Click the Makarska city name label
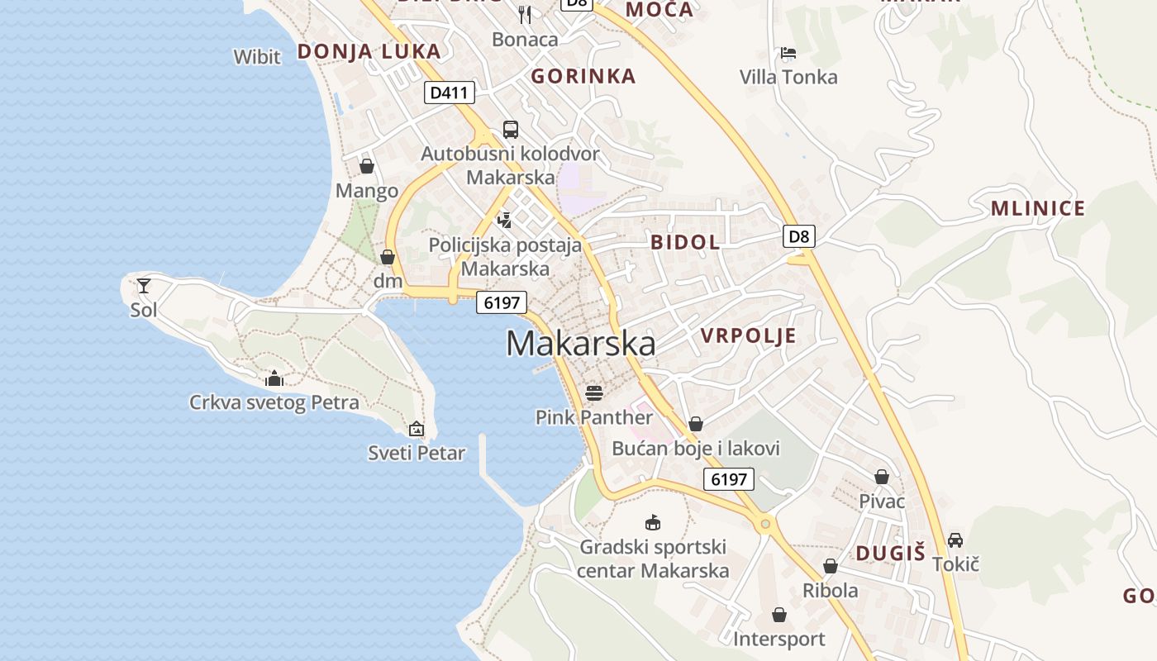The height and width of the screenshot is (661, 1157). click(581, 344)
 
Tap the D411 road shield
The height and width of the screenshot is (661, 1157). click(450, 93)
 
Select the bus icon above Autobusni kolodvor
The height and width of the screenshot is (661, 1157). click(511, 130)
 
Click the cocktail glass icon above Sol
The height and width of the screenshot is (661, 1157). click(144, 286)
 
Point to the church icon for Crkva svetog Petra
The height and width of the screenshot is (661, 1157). click(274, 379)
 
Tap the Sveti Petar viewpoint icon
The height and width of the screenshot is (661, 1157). click(417, 429)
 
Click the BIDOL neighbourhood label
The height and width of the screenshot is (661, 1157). click(685, 242)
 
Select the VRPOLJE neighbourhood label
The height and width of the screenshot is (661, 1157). click(749, 335)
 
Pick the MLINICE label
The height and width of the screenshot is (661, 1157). click(1038, 208)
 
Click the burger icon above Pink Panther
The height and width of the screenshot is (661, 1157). click(594, 392)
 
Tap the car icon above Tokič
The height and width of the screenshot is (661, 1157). click(955, 540)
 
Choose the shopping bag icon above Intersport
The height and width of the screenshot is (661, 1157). click(779, 615)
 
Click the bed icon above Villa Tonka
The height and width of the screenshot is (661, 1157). click(788, 54)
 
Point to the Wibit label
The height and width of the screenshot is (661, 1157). click(257, 57)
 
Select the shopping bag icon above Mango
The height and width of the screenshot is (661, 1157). click(367, 166)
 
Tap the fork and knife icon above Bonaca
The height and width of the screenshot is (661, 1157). click(525, 14)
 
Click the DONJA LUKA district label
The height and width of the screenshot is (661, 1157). click(369, 51)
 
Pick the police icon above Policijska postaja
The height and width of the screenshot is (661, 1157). click(505, 220)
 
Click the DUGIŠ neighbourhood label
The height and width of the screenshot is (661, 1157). click(890, 554)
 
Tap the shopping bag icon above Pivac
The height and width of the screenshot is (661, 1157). click(882, 477)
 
